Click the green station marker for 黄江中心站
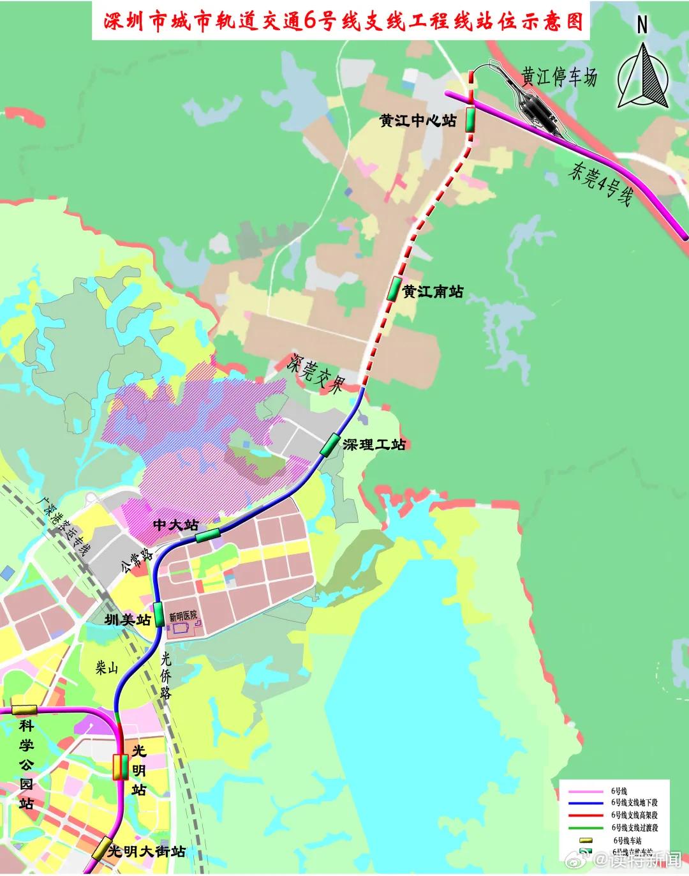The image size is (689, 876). tap(470, 119)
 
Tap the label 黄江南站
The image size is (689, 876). tap(433, 292)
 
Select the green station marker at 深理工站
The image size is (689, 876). tap(330, 445)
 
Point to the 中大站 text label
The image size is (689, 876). tap(176, 525)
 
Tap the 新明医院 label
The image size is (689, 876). tap(183, 617)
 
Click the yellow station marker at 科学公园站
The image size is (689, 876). tap(24, 710)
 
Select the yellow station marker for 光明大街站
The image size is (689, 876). tap(101, 849)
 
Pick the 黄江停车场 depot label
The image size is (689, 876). tap(559, 77)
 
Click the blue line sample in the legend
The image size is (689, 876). tap(586, 803)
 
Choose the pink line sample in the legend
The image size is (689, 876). tap(586, 790)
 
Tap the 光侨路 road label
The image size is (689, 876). tap(165, 676)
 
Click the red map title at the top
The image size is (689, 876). tap(344, 20)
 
